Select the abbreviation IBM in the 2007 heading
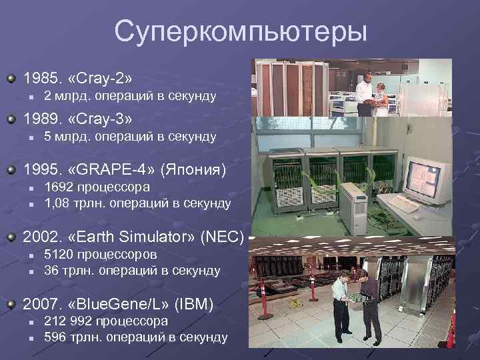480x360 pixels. point(193,305)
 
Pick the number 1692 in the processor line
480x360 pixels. point(58,187)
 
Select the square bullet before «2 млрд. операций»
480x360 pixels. point(30,97)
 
